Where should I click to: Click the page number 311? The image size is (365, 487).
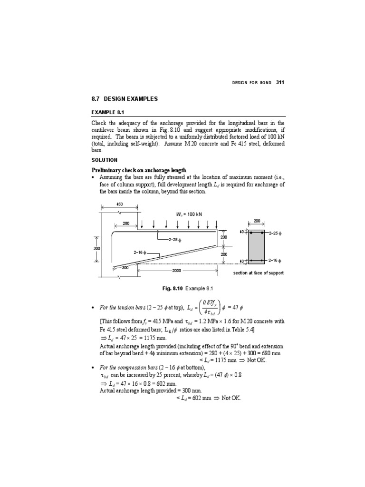(279, 82)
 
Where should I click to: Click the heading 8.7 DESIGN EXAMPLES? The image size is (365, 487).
(124, 99)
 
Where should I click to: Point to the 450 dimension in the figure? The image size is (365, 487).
(119, 204)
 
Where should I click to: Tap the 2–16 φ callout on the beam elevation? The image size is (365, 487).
(140, 253)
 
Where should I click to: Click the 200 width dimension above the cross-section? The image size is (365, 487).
(257, 221)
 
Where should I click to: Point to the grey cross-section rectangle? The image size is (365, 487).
(257, 246)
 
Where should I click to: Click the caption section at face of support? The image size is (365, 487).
(258, 273)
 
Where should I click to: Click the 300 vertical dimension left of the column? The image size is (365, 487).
(96, 248)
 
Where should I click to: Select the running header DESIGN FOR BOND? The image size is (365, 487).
(252, 83)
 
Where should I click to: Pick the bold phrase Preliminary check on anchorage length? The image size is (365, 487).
(139, 170)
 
